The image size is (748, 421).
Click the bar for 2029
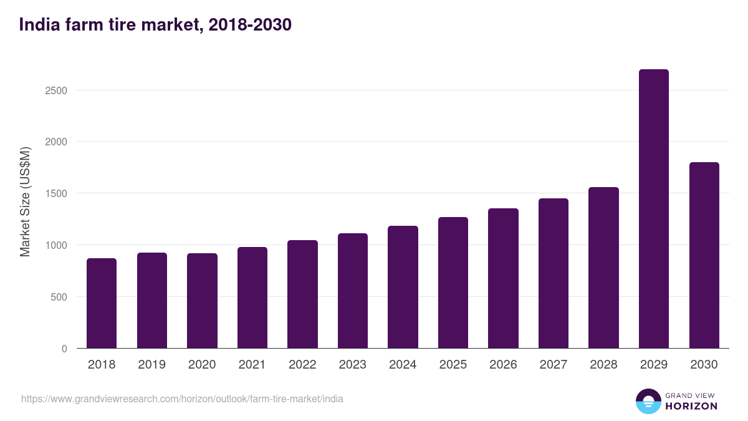654,209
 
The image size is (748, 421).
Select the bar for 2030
704,255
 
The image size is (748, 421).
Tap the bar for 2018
102,303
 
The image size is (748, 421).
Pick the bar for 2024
403,287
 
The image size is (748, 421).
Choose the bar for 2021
252,298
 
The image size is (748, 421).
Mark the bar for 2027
554,273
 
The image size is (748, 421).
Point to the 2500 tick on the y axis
56,90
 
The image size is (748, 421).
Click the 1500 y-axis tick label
56,193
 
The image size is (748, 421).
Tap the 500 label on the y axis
59,297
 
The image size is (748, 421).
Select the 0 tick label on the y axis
64,349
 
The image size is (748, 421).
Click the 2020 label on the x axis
202,365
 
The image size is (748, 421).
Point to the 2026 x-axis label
503,365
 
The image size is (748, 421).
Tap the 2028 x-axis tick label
603,365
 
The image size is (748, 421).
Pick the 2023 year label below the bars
353,365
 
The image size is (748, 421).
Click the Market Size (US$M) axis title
25,202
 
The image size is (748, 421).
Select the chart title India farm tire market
156,25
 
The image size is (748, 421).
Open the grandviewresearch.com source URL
182,399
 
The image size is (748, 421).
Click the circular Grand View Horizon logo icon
648,401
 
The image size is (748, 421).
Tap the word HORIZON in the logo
691,406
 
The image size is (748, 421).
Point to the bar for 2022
302,294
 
